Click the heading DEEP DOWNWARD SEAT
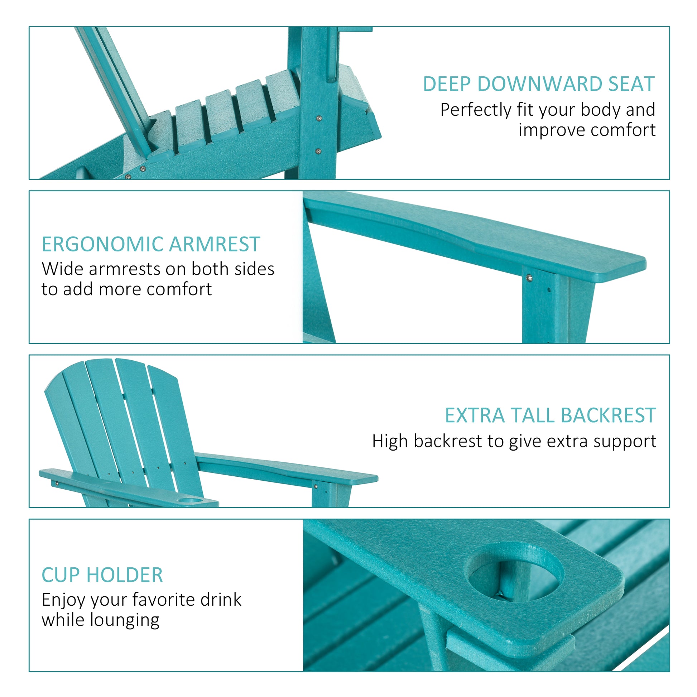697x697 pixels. point(538,84)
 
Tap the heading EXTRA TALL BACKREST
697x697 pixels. point(550,415)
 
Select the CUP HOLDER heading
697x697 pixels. point(102,575)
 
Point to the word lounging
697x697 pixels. point(125,620)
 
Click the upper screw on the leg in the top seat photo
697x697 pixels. point(319,118)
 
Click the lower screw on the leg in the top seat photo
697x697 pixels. point(318,151)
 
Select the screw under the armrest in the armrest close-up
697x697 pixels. point(529,278)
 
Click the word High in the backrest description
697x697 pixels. point(390,441)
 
